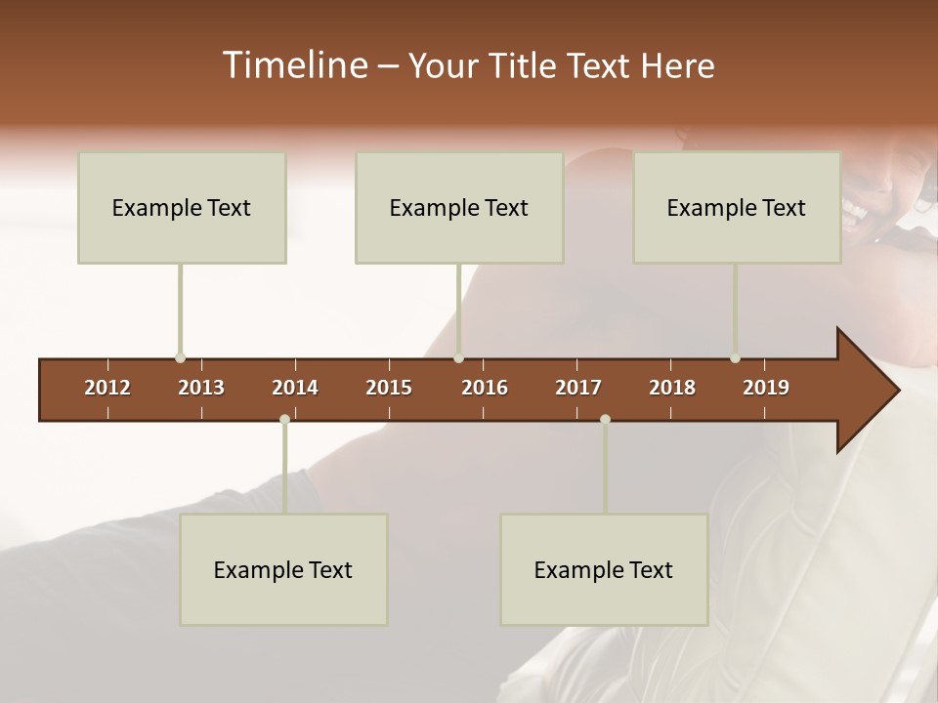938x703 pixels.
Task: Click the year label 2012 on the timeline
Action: click(x=107, y=388)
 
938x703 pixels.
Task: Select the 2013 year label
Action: click(x=201, y=388)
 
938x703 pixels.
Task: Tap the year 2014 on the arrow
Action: click(x=295, y=388)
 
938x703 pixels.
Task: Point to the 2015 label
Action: click(x=389, y=388)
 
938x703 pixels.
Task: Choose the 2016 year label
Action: click(x=485, y=388)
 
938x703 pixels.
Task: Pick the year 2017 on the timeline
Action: click(x=578, y=388)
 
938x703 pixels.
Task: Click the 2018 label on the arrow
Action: click(x=672, y=388)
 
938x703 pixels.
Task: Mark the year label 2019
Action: click(x=766, y=388)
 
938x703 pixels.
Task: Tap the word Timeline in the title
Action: click(x=293, y=65)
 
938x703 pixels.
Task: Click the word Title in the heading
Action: click(x=525, y=65)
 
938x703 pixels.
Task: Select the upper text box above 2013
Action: click(x=182, y=207)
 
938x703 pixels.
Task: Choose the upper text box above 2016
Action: click(x=459, y=207)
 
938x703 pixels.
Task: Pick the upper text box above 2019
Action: click(x=737, y=207)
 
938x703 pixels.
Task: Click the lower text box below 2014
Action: click(x=283, y=569)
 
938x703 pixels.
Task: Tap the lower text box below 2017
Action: click(x=604, y=569)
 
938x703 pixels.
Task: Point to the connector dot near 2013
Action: click(x=181, y=358)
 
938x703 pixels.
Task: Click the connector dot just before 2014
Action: click(x=284, y=419)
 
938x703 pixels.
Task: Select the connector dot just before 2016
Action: click(x=459, y=358)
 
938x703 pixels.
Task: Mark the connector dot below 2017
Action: click(x=605, y=419)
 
